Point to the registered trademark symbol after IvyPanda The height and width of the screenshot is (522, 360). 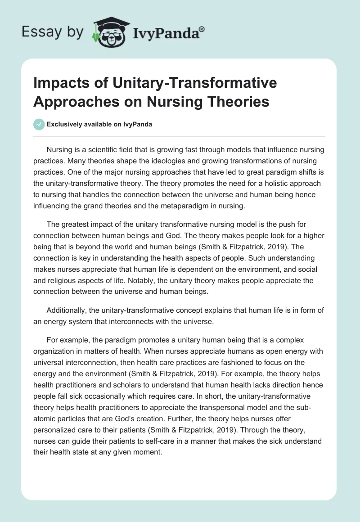click(202, 28)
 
